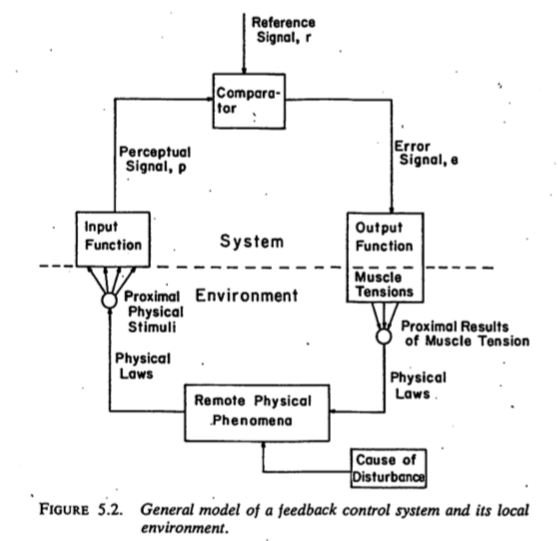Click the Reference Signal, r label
(284, 30)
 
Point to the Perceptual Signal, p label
(155, 159)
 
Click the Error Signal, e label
(426, 153)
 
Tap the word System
(252, 241)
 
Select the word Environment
(247, 295)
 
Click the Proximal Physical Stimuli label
(154, 312)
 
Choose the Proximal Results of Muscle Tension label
(465, 333)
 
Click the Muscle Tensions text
(384, 284)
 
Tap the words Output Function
(384, 237)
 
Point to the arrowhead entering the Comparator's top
(244, 70)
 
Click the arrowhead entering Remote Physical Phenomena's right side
(333, 412)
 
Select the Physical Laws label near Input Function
(143, 366)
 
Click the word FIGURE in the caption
(64, 509)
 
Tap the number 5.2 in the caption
(110, 509)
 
